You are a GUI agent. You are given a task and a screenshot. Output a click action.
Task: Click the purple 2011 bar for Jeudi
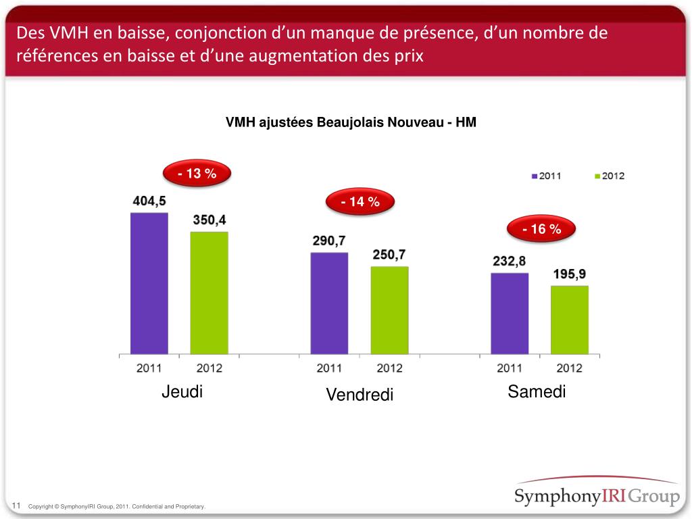tap(149, 283)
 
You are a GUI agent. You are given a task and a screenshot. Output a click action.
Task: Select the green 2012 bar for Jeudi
tap(209, 293)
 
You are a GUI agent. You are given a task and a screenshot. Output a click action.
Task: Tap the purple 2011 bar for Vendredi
tap(329, 303)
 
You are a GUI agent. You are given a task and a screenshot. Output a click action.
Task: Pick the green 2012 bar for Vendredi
tap(389, 310)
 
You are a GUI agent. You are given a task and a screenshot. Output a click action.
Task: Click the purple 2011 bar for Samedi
tap(510, 314)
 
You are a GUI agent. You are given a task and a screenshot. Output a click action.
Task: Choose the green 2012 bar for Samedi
tap(570, 320)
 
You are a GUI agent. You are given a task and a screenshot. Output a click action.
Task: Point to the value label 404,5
tap(149, 201)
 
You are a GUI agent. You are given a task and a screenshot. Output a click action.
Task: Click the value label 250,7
tap(389, 255)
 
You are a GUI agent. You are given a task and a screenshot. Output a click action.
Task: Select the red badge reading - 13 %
tap(197, 174)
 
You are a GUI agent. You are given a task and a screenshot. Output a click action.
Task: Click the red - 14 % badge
tap(360, 201)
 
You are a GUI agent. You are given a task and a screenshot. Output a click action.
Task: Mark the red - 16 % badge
tap(542, 230)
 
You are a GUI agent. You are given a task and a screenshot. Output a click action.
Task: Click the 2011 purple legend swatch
tap(534, 176)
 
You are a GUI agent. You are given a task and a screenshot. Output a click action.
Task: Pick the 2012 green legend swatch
tap(597, 176)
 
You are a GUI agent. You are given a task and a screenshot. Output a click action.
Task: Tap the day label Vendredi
tap(360, 394)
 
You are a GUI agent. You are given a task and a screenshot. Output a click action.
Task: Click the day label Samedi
tap(537, 391)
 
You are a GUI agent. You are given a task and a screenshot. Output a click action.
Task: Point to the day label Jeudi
tap(182, 392)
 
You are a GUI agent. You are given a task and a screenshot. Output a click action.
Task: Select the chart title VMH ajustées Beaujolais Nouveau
tap(351, 123)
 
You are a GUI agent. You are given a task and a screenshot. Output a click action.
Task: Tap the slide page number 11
tap(18, 505)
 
